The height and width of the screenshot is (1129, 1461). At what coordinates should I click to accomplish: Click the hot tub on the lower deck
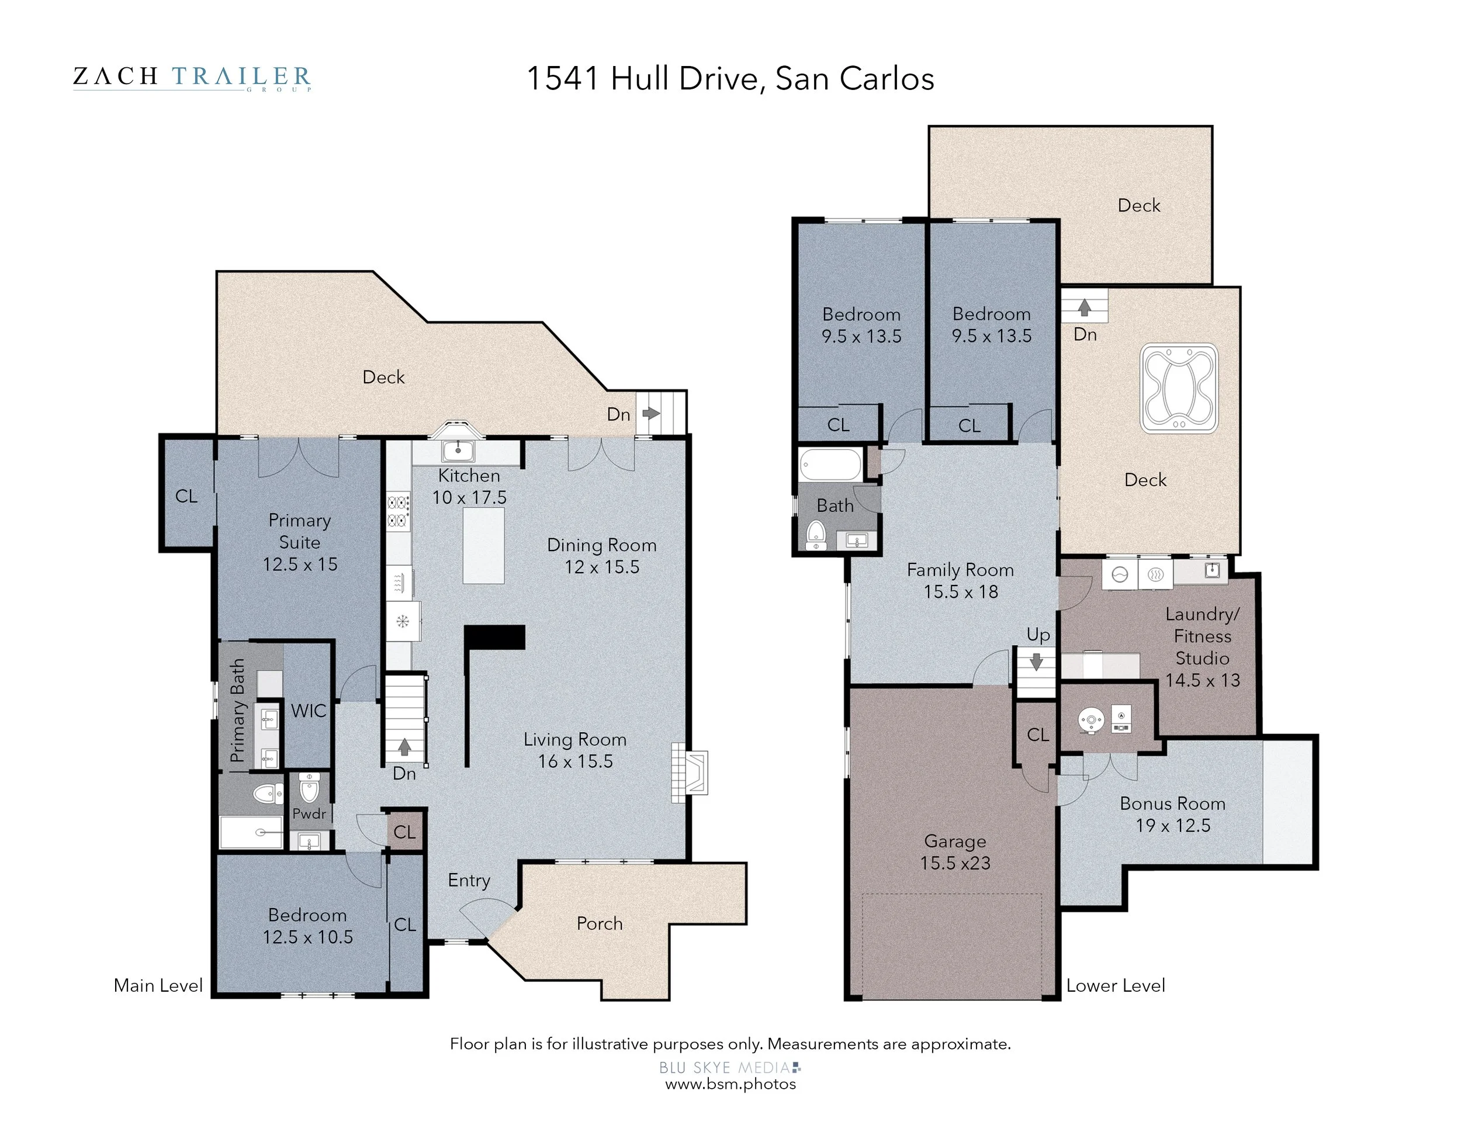[x=1179, y=388]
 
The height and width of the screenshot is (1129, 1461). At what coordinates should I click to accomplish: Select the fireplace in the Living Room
[x=690, y=773]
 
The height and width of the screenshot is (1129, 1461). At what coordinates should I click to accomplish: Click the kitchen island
[x=484, y=545]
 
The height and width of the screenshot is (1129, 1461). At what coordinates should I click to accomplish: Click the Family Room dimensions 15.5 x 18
[x=961, y=591]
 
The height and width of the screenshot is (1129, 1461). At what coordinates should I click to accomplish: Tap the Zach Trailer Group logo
[x=192, y=78]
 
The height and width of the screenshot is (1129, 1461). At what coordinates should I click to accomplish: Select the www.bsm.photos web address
[x=730, y=1084]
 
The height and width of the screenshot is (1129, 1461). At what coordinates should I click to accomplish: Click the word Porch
[x=600, y=924]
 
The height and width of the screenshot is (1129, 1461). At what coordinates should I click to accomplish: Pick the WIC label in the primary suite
[x=309, y=711]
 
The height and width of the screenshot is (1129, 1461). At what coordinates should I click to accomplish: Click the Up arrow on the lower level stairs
[x=1036, y=662]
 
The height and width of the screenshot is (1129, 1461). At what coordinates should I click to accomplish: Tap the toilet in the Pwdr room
[x=309, y=789]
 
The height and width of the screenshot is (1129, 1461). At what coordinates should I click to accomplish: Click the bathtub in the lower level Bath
[x=831, y=465]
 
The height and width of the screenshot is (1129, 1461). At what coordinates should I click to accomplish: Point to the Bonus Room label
[x=1173, y=804]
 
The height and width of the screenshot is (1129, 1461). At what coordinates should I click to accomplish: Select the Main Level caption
[x=158, y=985]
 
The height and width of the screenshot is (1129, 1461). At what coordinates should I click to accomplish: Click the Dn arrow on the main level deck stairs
[x=651, y=413]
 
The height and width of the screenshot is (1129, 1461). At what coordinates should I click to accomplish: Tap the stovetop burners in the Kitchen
[x=398, y=511]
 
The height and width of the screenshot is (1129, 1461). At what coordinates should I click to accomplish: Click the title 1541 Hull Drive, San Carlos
[x=730, y=78]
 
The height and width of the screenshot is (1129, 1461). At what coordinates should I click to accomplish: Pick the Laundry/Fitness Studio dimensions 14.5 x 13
[x=1202, y=680]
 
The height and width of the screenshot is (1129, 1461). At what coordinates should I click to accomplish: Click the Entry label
[x=469, y=881]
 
